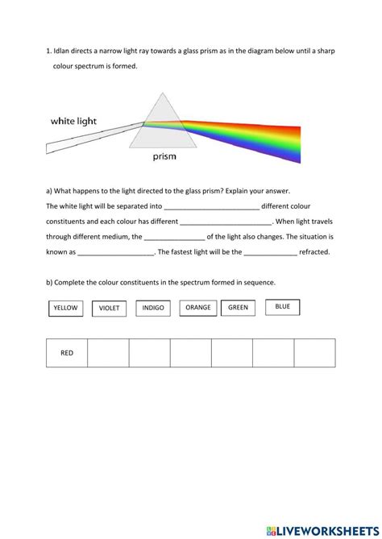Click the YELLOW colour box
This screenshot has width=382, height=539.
(x=65, y=308)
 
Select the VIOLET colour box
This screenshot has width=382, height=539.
(x=110, y=308)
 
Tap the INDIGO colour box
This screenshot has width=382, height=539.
(x=153, y=308)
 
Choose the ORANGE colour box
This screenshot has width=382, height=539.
(x=197, y=307)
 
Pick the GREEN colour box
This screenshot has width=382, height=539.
(x=238, y=307)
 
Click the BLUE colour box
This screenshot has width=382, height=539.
(x=282, y=306)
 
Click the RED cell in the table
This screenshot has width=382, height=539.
(x=67, y=353)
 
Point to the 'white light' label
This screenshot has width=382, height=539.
(x=73, y=121)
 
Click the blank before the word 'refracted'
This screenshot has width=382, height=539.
(x=271, y=252)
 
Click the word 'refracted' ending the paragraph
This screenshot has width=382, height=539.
(x=314, y=252)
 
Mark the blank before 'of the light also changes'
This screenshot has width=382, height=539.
(x=174, y=238)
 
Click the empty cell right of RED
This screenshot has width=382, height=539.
(x=108, y=353)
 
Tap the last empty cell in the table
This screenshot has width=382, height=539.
(x=314, y=353)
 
